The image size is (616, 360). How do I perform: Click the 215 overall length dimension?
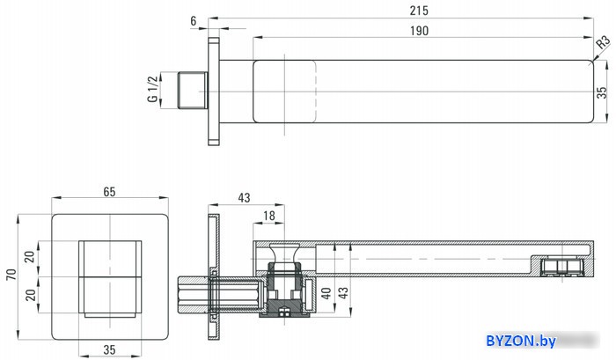(x=419, y=11)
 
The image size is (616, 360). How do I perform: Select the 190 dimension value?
(x=419, y=31)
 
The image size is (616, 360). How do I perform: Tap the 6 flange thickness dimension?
(x=193, y=21)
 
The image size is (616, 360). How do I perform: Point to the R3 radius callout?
(x=604, y=41)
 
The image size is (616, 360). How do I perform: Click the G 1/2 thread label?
(x=152, y=89)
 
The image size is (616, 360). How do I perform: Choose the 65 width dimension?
(x=109, y=192)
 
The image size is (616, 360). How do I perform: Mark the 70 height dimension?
(x=11, y=275)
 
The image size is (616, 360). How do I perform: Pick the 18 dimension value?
(x=268, y=216)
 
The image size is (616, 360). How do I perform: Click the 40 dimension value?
(x=326, y=293)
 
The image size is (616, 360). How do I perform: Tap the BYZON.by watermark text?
(x=521, y=341)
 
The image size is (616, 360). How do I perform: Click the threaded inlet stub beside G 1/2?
(x=193, y=90)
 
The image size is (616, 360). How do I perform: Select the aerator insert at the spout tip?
(x=561, y=267)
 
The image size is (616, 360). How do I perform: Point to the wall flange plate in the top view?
(x=213, y=92)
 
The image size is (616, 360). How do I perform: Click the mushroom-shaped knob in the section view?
(x=284, y=253)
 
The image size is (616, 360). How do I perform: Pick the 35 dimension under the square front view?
(x=109, y=349)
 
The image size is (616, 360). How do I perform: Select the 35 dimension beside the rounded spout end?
(x=602, y=92)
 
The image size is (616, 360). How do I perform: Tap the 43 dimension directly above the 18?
(x=244, y=198)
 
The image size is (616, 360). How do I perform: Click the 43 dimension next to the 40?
(x=343, y=293)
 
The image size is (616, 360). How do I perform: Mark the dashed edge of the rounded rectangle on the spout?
(x=316, y=92)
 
